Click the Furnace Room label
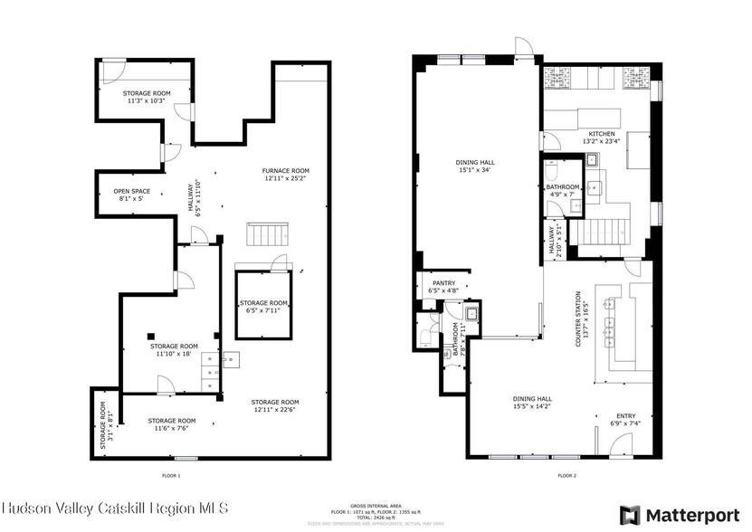point(286,175)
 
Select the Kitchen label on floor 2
point(601,136)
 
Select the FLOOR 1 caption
point(170,475)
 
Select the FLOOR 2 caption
point(566,475)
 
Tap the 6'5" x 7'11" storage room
point(264,307)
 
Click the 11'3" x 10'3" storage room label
point(147,97)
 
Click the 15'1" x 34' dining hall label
point(476,166)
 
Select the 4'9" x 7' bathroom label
point(562,190)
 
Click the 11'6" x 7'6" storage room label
point(172,424)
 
